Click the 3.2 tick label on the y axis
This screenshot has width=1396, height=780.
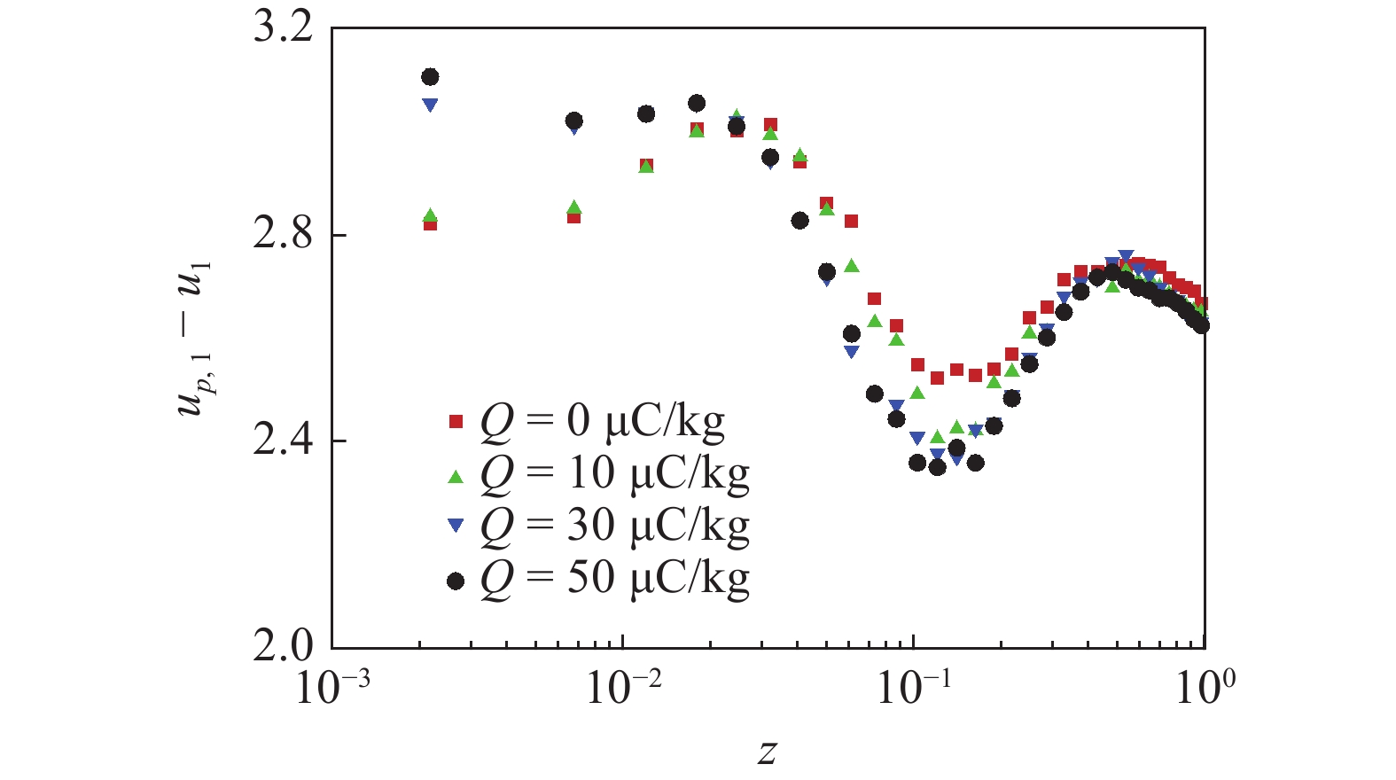point(283,27)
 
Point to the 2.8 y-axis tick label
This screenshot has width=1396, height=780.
point(283,234)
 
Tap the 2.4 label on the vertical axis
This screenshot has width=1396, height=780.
point(283,441)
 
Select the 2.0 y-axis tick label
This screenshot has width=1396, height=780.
point(283,647)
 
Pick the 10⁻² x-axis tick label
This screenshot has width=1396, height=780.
point(623,687)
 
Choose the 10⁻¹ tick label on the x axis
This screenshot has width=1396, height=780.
point(914,687)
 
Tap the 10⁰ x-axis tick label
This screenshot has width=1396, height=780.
point(1205,687)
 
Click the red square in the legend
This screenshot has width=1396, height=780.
point(456,423)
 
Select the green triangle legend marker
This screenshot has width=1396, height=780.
point(456,477)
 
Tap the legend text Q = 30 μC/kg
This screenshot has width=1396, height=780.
point(614,526)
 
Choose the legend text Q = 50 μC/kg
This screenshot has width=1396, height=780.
point(614,578)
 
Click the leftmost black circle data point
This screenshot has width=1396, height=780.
point(430,77)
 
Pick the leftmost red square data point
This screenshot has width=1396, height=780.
point(430,224)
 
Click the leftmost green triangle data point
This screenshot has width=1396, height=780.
point(430,214)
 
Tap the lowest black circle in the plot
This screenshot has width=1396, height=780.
point(937,467)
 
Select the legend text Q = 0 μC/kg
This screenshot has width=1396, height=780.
point(602,421)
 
